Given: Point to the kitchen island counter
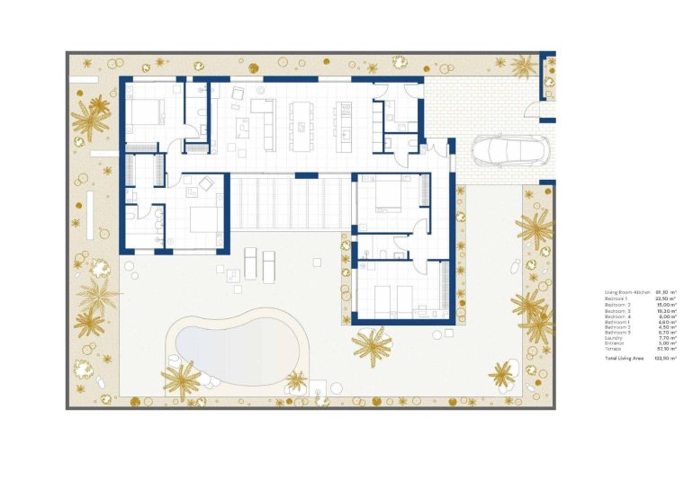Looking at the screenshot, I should [343, 127].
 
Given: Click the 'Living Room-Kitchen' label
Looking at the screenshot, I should [627, 293].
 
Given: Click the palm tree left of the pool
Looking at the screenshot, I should [182, 381].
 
